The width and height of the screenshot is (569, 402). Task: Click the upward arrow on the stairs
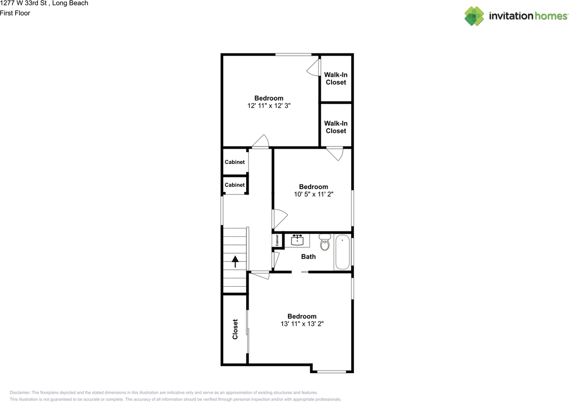pos(235,261)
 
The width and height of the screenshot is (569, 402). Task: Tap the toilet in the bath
pos(325,243)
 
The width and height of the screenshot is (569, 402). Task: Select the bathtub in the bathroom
pos(342,253)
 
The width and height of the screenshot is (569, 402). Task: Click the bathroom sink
pos(297,241)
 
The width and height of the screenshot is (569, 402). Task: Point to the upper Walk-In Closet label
pos(336,78)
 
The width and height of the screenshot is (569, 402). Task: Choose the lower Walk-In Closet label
pos(336,127)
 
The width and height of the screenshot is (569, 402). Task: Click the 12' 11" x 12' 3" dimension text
pos(268,106)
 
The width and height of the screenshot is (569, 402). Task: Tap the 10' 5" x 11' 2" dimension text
pos(313,194)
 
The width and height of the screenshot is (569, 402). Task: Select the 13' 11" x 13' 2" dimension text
pos(302,324)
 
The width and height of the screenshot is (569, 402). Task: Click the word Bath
pos(309,256)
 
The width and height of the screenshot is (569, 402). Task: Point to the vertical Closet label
pos(235,329)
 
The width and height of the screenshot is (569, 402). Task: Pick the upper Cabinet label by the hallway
pos(235,162)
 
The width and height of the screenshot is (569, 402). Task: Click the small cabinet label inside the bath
pos(277,241)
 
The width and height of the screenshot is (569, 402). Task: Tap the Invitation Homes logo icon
pos(474,16)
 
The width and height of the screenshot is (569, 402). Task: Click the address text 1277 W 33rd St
pos(44,4)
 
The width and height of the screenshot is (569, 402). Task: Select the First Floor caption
pos(15,13)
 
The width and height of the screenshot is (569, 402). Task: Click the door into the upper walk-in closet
pos(315,67)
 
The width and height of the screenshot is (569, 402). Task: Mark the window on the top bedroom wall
pos(293,55)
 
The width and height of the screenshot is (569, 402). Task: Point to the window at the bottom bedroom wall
pos(332,371)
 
